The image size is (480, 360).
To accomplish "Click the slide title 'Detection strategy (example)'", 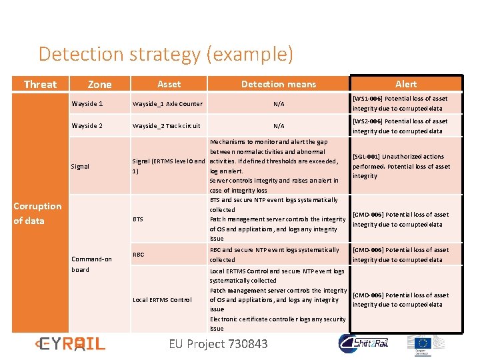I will tap(165, 54).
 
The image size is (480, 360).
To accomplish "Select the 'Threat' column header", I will tap(40, 84).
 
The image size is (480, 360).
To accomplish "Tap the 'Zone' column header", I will tap(100, 84).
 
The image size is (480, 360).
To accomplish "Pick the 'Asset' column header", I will tap(169, 84).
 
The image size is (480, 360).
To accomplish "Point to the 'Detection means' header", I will tap(279, 84).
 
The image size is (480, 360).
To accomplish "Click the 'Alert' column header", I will tap(405, 84).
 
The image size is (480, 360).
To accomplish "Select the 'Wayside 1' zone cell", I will tap(87, 103).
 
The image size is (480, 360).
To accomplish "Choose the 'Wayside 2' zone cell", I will tap(87, 125).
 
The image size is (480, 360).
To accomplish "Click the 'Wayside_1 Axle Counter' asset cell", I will tap(167, 104).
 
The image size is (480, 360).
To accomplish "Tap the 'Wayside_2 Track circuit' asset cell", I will tap(166, 125).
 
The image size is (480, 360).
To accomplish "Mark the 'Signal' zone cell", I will tap(80, 166).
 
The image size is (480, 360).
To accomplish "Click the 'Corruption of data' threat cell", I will tap(37, 213).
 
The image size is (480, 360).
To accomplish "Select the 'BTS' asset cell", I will tap(138, 219).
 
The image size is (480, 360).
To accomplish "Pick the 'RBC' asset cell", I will tap(139, 254).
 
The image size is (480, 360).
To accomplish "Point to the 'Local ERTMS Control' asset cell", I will tap(162, 299).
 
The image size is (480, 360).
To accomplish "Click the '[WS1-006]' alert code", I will tap(367, 99).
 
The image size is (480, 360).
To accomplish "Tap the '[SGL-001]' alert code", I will tap(367, 157).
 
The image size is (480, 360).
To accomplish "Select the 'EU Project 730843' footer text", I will tap(219, 344).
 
